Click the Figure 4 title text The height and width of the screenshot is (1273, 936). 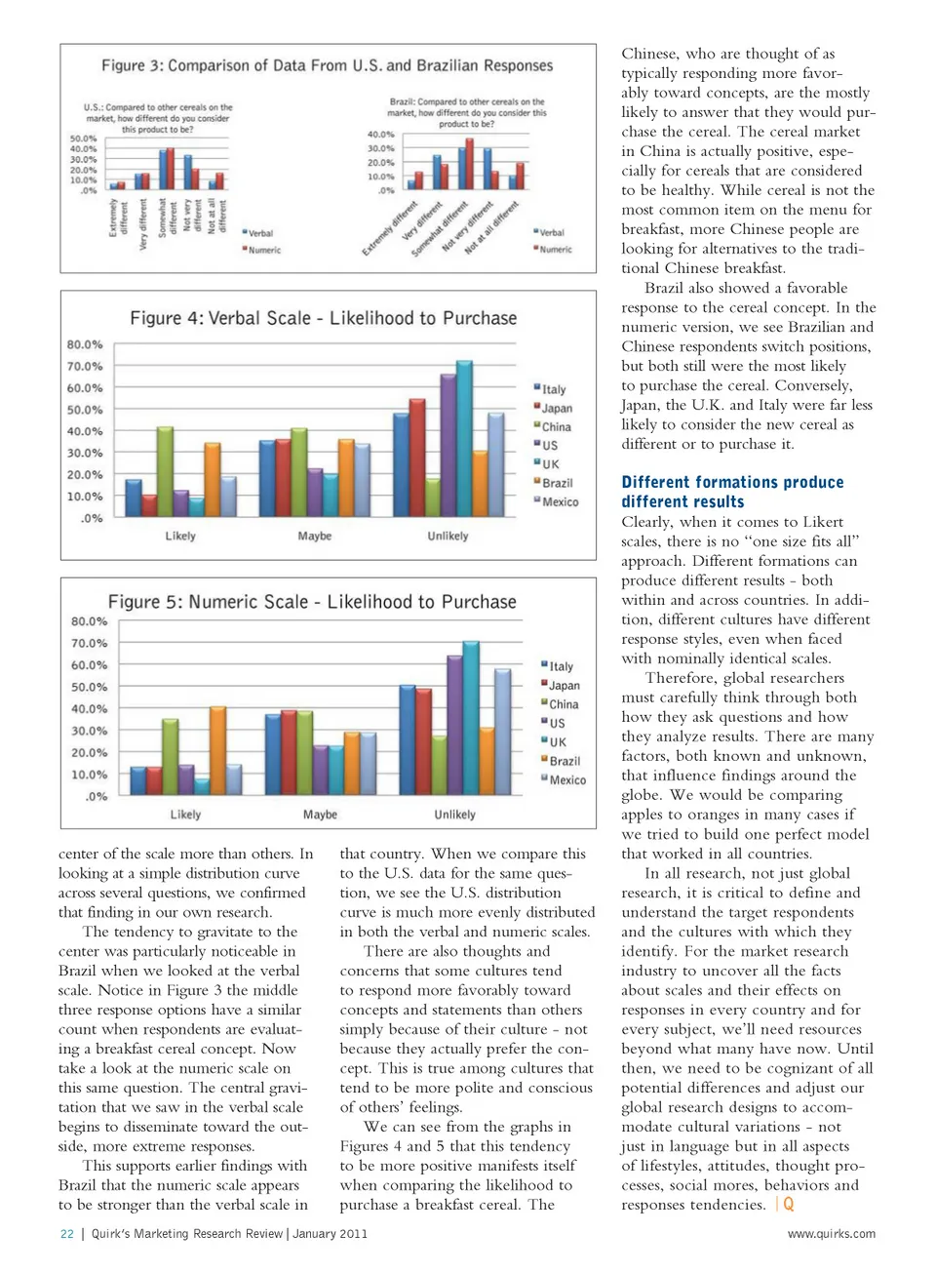click(323, 318)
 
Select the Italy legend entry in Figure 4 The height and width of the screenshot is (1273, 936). click(551, 389)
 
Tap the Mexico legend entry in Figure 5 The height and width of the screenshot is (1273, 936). click(565, 780)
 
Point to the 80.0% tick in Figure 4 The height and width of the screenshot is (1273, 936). click(85, 345)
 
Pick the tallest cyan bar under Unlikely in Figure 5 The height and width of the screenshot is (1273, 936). click(471, 718)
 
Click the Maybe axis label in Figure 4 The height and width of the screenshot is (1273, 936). click(315, 537)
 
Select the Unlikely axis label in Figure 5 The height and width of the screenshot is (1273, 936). click(454, 815)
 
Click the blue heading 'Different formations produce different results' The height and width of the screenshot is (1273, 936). click(732, 492)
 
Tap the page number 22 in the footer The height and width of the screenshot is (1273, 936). click(67, 1234)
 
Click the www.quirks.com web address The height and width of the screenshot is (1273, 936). click(831, 1234)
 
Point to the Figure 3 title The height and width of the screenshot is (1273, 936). click(327, 65)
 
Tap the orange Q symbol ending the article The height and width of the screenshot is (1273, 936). click(788, 1205)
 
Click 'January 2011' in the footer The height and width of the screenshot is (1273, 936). click(330, 1234)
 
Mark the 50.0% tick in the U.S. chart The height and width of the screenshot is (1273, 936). click(83, 139)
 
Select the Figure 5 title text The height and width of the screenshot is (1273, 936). click(312, 602)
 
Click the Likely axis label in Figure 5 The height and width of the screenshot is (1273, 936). click(185, 815)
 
